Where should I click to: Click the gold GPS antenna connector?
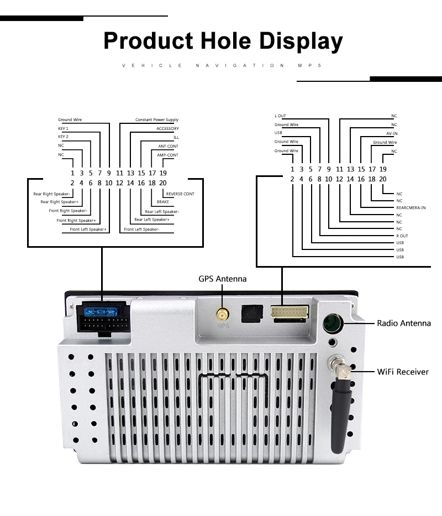click(223, 315)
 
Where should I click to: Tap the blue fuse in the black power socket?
click(101, 311)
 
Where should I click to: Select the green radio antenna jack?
click(333, 323)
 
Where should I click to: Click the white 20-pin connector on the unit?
click(290, 312)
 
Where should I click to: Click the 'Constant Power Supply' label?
click(157, 119)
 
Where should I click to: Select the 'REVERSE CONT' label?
click(180, 194)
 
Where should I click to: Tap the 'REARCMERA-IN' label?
click(411, 207)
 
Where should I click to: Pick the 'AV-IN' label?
click(392, 134)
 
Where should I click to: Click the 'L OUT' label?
click(280, 116)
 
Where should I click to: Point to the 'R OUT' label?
click(402, 236)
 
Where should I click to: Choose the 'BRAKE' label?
click(163, 202)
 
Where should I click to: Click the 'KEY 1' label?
click(63, 128)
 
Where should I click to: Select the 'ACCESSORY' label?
click(168, 128)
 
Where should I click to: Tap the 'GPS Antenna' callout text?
click(222, 279)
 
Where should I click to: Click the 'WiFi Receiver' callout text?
click(403, 372)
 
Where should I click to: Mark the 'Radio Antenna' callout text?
click(404, 323)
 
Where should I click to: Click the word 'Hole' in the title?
click(225, 41)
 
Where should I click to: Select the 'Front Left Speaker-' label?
click(142, 230)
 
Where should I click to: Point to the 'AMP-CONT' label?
click(168, 155)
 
